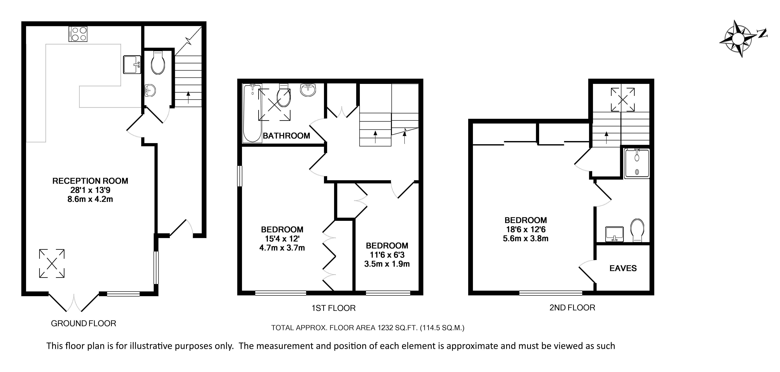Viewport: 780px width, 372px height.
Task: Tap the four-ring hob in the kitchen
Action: click(78, 34)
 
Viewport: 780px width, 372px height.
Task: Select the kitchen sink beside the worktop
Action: click(132, 64)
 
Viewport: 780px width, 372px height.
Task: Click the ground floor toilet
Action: click(158, 63)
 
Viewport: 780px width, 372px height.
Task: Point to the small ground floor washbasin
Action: click(150, 90)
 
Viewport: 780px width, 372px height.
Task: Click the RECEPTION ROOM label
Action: click(90, 181)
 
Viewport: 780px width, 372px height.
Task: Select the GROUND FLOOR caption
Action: click(84, 324)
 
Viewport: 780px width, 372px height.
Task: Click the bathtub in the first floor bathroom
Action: click(252, 113)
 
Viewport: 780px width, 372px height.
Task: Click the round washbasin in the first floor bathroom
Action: click(308, 90)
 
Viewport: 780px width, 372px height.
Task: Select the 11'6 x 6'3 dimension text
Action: click(387, 255)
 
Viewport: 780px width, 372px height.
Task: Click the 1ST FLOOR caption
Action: click(334, 308)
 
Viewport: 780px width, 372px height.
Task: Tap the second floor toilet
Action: click(637, 230)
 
